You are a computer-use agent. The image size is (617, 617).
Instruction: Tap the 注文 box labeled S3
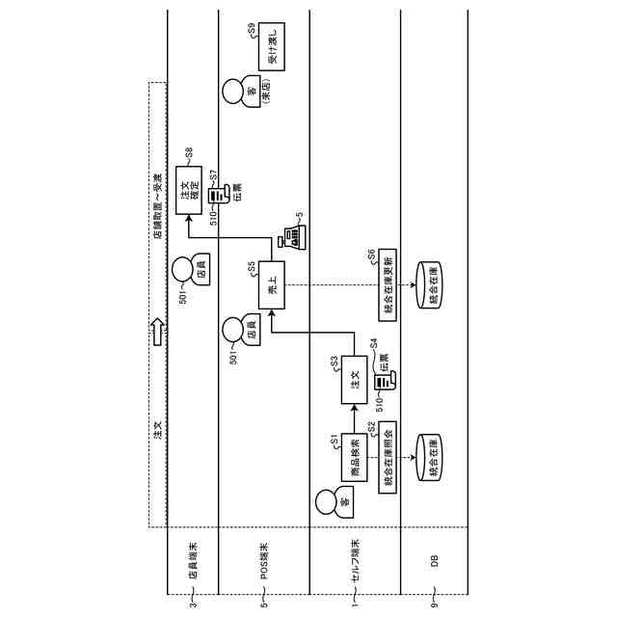[x=354, y=380]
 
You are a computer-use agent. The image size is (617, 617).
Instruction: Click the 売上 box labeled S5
[x=273, y=284]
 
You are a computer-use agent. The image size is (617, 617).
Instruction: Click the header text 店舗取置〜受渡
[x=158, y=202]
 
